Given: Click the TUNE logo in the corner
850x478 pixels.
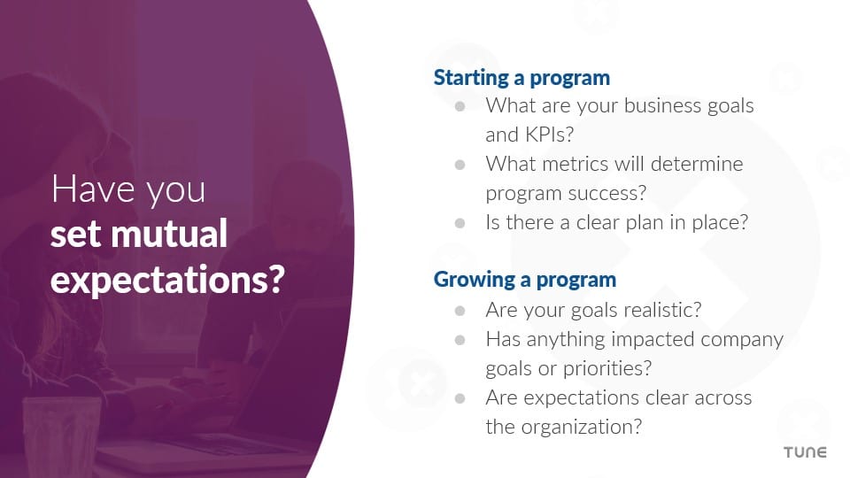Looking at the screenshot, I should [x=805, y=452].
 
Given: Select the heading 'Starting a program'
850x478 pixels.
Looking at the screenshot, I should [x=522, y=78].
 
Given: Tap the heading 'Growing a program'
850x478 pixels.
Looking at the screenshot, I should [x=524, y=280].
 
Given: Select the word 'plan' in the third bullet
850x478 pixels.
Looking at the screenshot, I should [x=658, y=222].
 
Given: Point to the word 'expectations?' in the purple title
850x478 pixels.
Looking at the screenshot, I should [x=167, y=279].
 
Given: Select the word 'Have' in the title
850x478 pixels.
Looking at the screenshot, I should [x=84, y=190].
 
